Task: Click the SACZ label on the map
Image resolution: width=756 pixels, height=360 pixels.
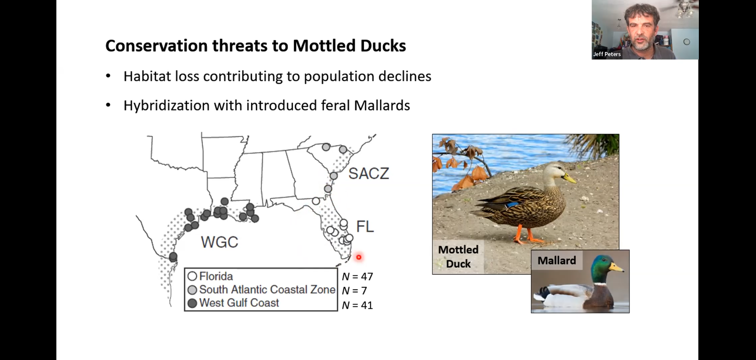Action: point(369,173)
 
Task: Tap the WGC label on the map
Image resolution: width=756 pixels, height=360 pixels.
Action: point(220,242)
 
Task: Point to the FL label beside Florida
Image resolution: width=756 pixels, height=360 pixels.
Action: point(365,226)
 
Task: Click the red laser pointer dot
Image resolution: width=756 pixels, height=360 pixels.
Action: point(359,257)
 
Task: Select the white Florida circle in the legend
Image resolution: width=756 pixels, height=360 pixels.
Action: point(192,276)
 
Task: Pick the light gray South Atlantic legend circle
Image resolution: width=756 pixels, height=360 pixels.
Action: point(192,290)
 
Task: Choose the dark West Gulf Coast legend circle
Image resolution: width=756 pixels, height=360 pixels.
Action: point(192,303)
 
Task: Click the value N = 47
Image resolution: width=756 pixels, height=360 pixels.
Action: point(357,276)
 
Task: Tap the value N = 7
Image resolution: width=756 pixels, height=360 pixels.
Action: point(354,291)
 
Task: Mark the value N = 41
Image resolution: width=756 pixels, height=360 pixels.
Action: point(357,305)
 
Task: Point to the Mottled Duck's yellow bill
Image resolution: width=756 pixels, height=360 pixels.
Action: point(570,178)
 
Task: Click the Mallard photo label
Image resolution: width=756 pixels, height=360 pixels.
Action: point(557,261)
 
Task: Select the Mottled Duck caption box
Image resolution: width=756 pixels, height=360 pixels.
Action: point(458,257)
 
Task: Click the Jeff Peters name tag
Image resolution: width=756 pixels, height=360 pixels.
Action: point(607,54)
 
